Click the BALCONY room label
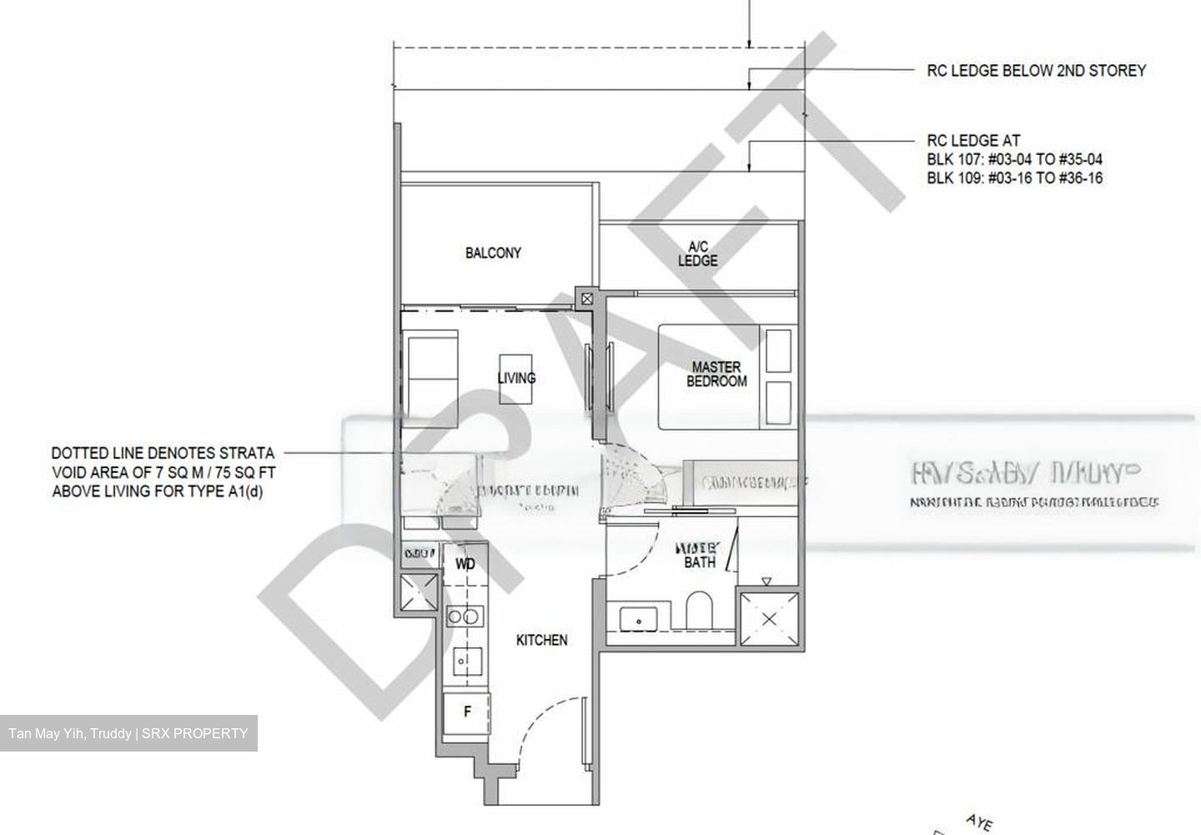pos(493,253)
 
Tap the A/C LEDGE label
pos(697,254)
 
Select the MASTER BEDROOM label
pos(716,374)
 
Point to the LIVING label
pos(516,378)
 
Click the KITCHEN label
pos(542,640)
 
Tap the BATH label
pos(700,561)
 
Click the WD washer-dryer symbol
pos(465,565)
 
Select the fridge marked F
pos(467,712)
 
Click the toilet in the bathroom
pos(698,611)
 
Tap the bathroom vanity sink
pos(639,620)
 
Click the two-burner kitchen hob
pos(463,616)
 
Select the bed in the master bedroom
pos(710,376)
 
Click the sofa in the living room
pos(431,377)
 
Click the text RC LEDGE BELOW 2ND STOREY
pos(1036,71)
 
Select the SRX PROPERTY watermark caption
pos(128,734)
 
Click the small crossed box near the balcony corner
pos(587,298)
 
